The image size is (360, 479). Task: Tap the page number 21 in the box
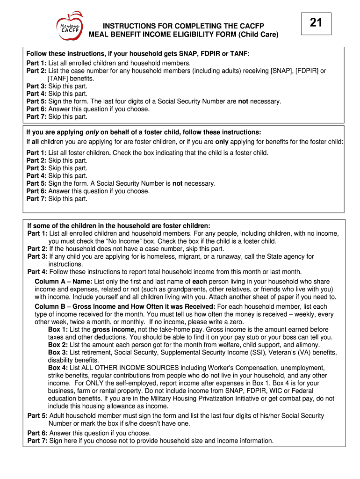[x=316, y=22]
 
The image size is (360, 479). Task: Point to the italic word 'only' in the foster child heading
[x=92, y=132]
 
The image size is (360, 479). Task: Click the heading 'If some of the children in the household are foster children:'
[x=119, y=225]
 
